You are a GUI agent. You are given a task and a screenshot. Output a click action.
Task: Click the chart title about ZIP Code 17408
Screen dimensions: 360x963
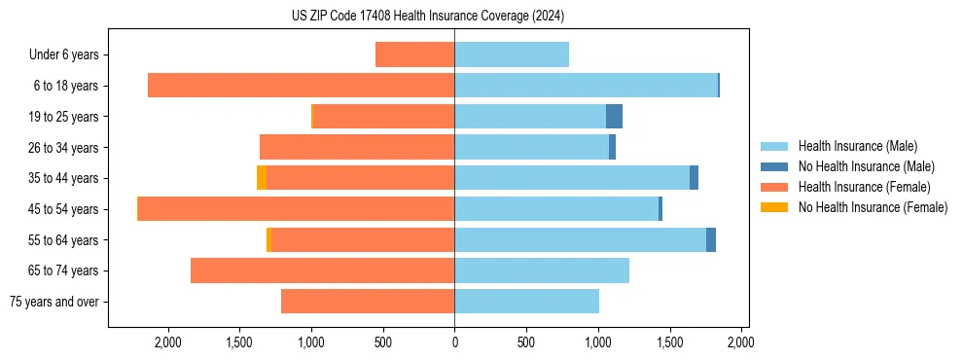click(x=428, y=16)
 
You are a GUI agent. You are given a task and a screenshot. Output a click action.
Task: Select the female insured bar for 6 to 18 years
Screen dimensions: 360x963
click(x=301, y=86)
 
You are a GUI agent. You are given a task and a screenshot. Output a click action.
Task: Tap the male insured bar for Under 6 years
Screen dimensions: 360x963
click(x=512, y=54)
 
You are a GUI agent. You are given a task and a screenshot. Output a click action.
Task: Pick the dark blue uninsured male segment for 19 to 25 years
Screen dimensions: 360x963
click(x=614, y=117)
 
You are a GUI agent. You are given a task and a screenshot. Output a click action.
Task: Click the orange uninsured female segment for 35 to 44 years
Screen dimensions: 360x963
click(x=262, y=178)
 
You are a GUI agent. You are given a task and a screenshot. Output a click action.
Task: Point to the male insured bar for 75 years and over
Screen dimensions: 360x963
click(x=526, y=302)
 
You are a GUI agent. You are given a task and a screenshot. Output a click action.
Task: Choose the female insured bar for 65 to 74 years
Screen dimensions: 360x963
click(x=322, y=270)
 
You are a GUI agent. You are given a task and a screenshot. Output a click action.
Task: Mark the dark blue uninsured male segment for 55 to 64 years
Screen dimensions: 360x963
click(x=711, y=239)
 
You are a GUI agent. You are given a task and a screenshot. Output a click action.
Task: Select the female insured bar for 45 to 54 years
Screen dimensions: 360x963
click(x=296, y=209)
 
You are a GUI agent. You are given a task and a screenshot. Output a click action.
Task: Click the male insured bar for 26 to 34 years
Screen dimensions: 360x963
click(x=531, y=147)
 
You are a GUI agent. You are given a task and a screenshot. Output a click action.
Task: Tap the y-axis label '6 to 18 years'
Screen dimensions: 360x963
click(x=66, y=86)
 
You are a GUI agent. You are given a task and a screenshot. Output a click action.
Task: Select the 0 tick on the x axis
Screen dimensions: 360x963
click(x=454, y=342)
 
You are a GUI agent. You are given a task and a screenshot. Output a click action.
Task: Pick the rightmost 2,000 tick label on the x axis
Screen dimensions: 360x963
click(x=741, y=342)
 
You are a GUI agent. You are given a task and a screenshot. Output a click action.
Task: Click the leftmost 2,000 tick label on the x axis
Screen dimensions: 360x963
click(x=167, y=342)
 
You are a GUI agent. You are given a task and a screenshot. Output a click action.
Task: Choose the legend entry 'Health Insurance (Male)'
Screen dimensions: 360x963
click(x=857, y=146)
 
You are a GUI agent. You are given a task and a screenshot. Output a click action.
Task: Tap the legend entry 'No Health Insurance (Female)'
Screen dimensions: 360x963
click(x=873, y=207)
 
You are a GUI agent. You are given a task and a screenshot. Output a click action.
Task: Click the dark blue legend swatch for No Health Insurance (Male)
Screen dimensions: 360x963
click(x=774, y=166)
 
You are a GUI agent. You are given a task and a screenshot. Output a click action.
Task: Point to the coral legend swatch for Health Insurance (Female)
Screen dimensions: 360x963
click(x=774, y=187)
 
